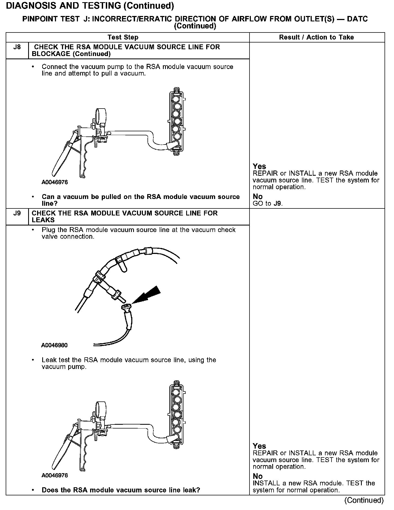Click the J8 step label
[x=17, y=47]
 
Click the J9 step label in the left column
[x=17, y=213]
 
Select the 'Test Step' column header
[x=123, y=37]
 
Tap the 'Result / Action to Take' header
[x=316, y=37]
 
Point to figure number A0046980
[x=54, y=345]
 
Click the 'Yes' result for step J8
[x=259, y=166]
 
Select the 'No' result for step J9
[x=258, y=476]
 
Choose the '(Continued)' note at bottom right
[x=364, y=500]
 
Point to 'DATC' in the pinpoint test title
[x=357, y=19]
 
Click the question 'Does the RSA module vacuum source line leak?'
[x=121, y=490]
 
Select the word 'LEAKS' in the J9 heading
[x=43, y=220]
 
